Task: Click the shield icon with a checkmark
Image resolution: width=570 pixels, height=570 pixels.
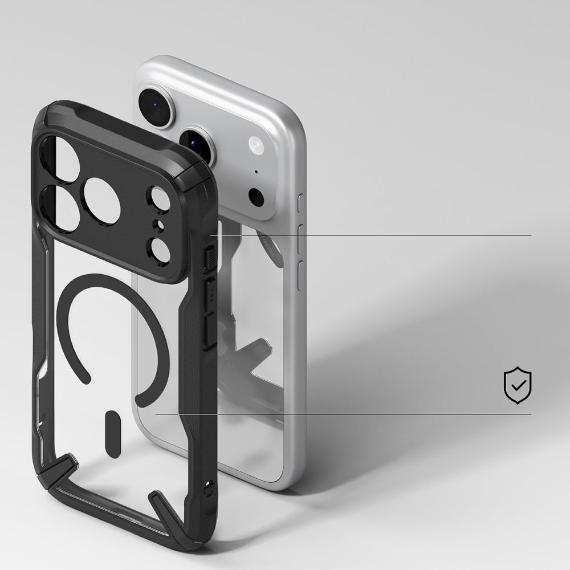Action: [518, 386]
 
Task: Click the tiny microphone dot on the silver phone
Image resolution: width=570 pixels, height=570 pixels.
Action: [256, 172]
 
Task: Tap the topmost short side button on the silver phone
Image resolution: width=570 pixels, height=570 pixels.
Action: [302, 203]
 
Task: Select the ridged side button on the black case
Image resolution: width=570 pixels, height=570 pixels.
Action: [209, 257]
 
